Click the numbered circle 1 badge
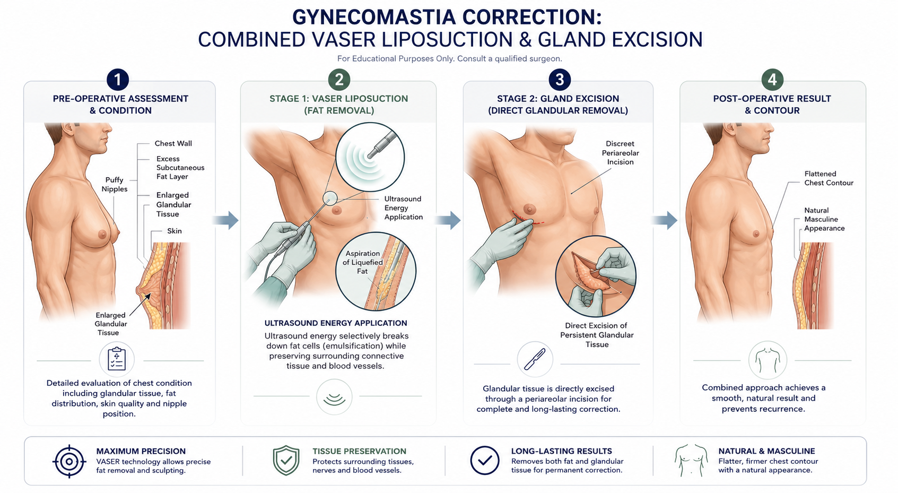tap(117, 80)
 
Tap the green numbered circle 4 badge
tap(772, 80)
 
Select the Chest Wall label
tap(173, 144)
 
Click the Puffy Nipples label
tap(114, 185)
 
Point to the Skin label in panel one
tap(175, 231)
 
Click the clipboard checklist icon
tap(117, 359)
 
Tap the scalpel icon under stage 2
tap(535, 359)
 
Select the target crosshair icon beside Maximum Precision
tap(69, 461)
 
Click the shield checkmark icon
tap(286, 461)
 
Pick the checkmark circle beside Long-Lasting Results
tap(485, 461)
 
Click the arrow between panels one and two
tap(225, 220)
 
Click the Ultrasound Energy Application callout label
tap(403, 208)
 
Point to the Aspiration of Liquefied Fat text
tap(362, 262)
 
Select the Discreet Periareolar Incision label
tap(620, 153)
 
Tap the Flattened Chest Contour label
tap(829, 178)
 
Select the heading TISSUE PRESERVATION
tap(359, 451)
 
